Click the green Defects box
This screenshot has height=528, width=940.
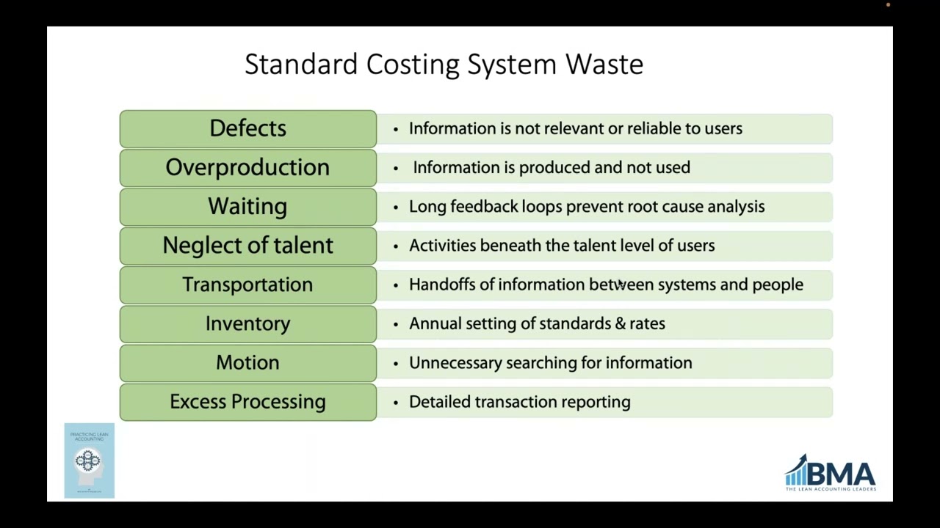pos(247,129)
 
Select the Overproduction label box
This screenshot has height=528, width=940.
pos(247,168)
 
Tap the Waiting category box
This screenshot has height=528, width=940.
pos(247,207)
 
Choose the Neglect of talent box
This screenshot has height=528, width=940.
pos(247,246)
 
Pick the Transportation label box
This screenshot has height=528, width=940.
pos(247,285)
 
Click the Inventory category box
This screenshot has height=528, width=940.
pos(247,323)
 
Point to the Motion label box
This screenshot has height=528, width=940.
pos(247,362)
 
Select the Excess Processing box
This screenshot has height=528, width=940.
pos(247,402)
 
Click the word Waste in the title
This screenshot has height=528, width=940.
pos(604,65)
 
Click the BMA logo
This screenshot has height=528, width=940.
pos(831,473)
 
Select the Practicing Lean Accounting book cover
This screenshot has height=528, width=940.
pos(89,461)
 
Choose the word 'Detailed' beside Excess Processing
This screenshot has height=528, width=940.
pos(439,402)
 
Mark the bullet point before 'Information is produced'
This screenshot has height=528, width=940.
pos(396,168)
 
